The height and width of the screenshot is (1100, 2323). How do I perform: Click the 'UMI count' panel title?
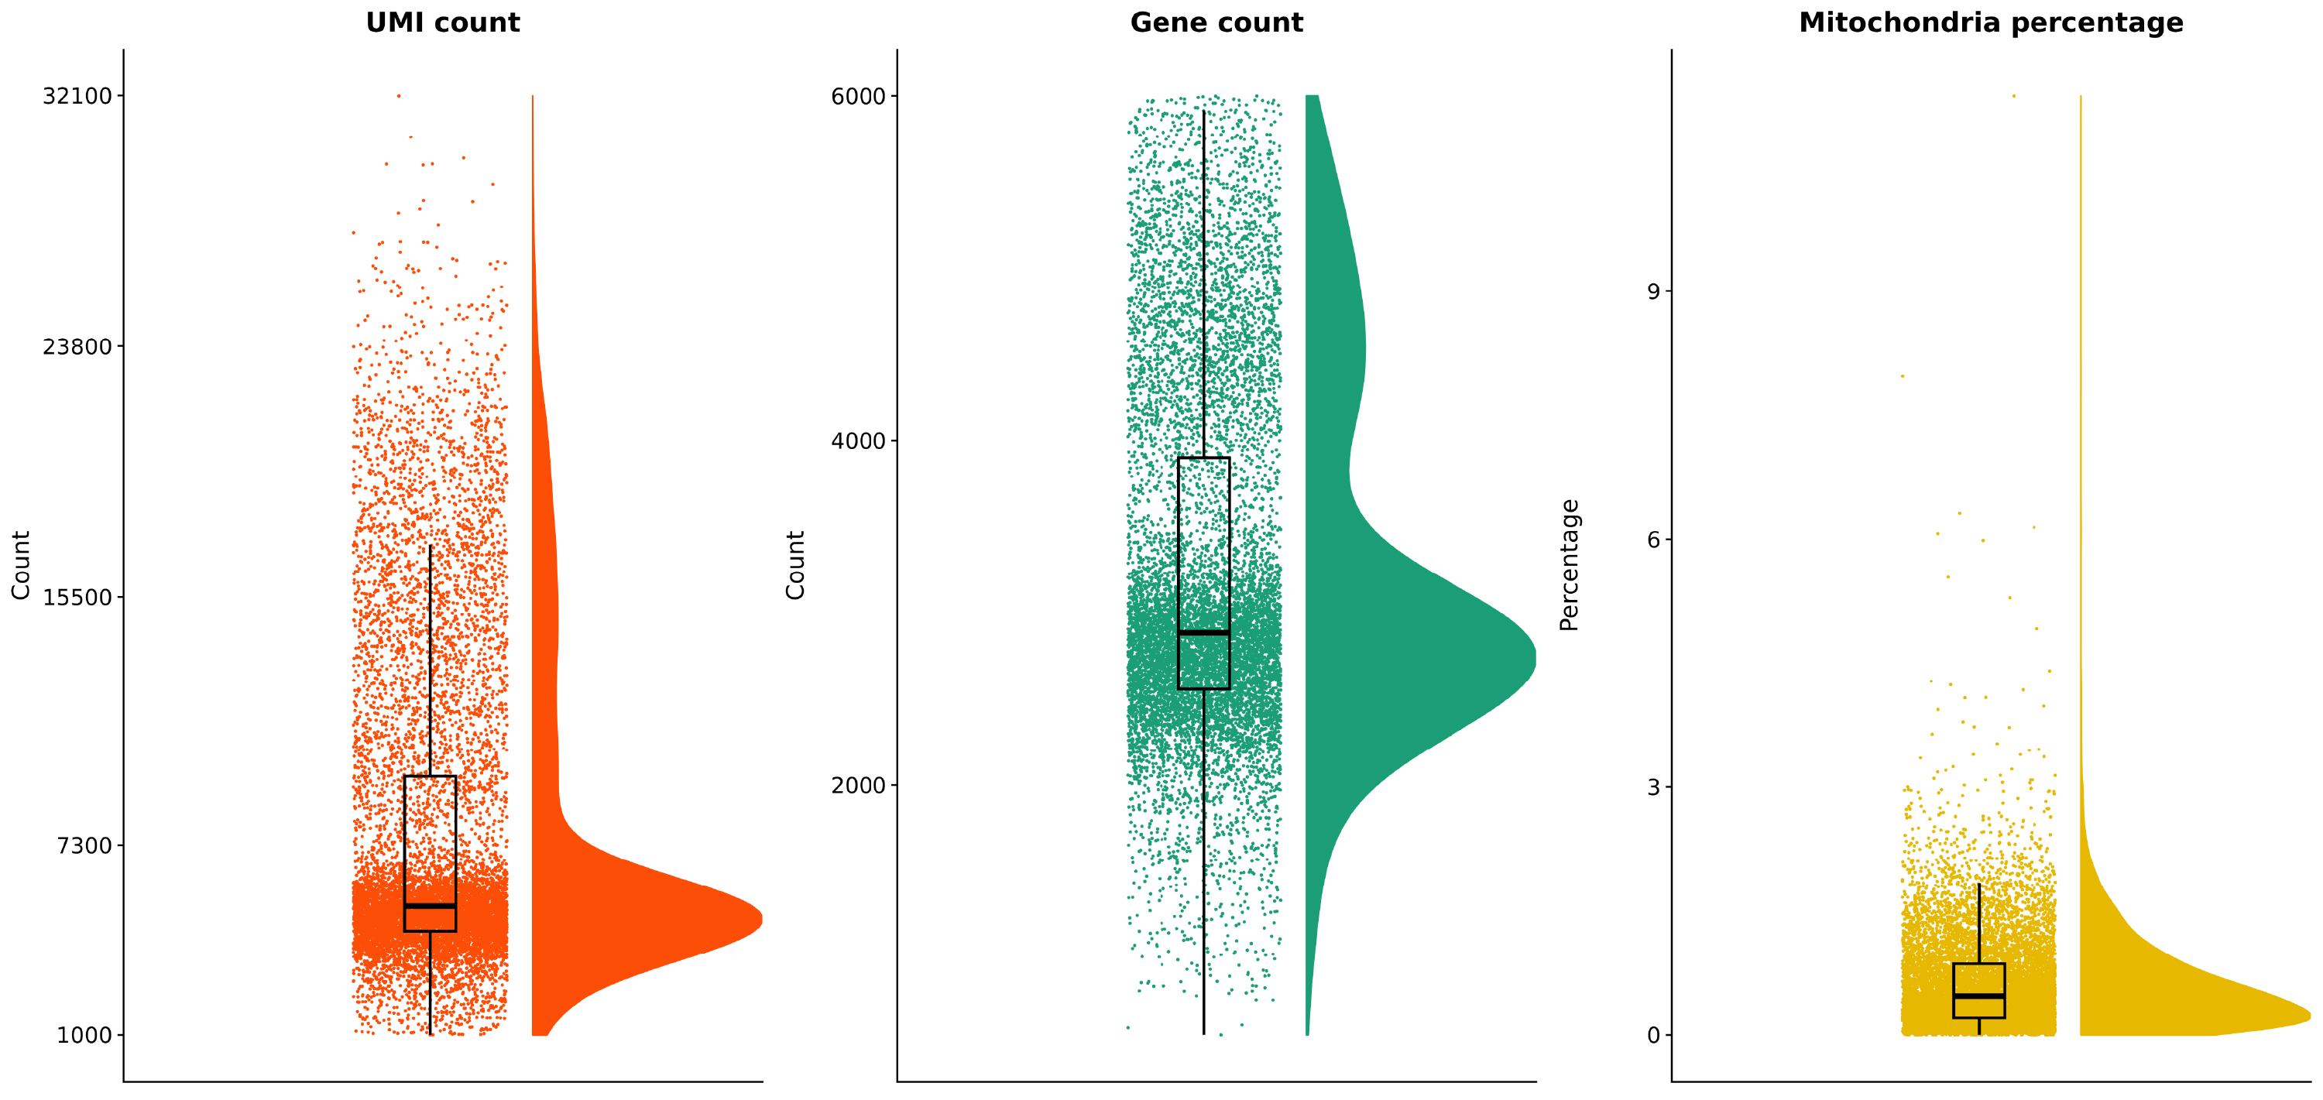pyautogui.click(x=442, y=22)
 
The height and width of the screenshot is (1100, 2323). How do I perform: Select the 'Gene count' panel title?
pyautogui.click(x=1216, y=22)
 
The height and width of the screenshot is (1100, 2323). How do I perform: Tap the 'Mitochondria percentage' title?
pyautogui.click(x=1990, y=22)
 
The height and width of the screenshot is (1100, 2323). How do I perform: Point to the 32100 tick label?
pyautogui.click(x=77, y=95)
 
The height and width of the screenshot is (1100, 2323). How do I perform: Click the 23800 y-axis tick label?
pyautogui.click(x=77, y=346)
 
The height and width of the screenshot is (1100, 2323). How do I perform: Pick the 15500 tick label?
pyautogui.click(x=77, y=597)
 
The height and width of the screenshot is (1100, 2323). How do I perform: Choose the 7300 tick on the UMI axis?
pyautogui.click(x=84, y=846)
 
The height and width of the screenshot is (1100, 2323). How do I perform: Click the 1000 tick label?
pyautogui.click(x=84, y=1035)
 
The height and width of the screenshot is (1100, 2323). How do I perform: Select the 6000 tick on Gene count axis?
pyautogui.click(x=858, y=95)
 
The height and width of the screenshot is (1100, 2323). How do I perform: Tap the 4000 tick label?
pyautogui.click(x=858, y=441)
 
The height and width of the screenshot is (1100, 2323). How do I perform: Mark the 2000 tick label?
pyautogui.click(x=858, y=786)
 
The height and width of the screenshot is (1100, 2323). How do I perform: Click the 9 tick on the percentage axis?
pyautogui.click(x=1653, y=291)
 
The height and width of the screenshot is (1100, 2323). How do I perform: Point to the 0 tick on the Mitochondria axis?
pyautogui.click(x=1653, y=1035)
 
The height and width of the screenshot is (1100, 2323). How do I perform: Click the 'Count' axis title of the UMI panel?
pyautogui.click(x=21, y=565)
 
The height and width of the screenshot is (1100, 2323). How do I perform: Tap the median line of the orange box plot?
pyautogui.click(x=431, y=905)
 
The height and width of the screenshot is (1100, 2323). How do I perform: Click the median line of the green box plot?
pyautogui.click(x=1203, y=633)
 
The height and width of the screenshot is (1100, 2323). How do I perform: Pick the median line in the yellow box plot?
pyautogui.click(x=1978, y=996)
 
